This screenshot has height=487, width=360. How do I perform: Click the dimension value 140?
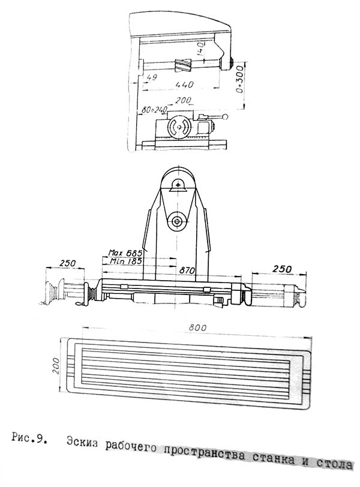pos(201,49)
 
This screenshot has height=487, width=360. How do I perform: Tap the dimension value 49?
pos(152,77)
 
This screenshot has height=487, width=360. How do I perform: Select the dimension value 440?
pos(184,84)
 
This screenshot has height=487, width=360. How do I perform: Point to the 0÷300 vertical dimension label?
pos(239,79)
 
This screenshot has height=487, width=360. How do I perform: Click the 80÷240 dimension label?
pos(154,110)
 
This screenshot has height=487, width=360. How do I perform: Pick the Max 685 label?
pos(125,252)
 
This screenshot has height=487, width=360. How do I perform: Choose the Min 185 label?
pos(126,261)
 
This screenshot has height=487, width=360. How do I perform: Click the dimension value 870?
pos(187,270)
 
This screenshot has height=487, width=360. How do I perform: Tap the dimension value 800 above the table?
pos(197,327)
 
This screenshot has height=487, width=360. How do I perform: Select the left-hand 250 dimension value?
pos(68,263)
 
